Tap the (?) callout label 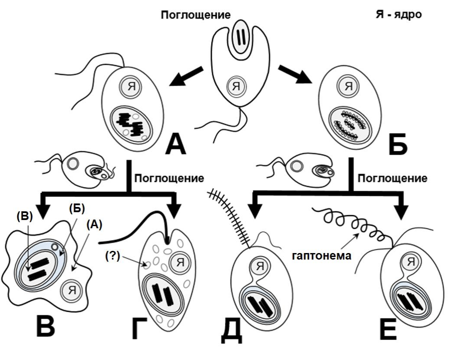(112, 256)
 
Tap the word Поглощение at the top (195, 16)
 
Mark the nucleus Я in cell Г (179, 262)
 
